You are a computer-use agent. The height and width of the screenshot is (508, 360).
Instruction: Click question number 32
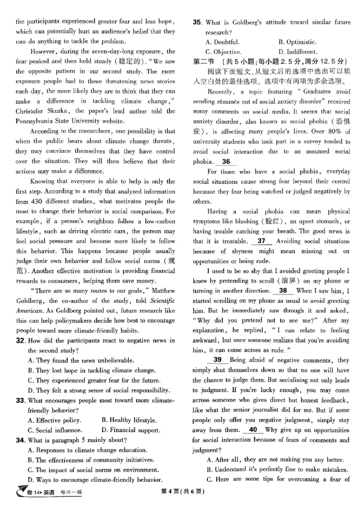[x=21, y=341]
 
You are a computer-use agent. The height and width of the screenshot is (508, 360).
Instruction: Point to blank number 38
[x=283, y=291]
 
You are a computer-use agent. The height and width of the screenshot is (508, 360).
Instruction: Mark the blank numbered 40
[x=253, y=430]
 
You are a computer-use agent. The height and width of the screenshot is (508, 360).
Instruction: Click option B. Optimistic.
[x=297, y=42]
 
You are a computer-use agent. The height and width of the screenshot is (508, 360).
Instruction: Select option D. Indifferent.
[x=297, y=52]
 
